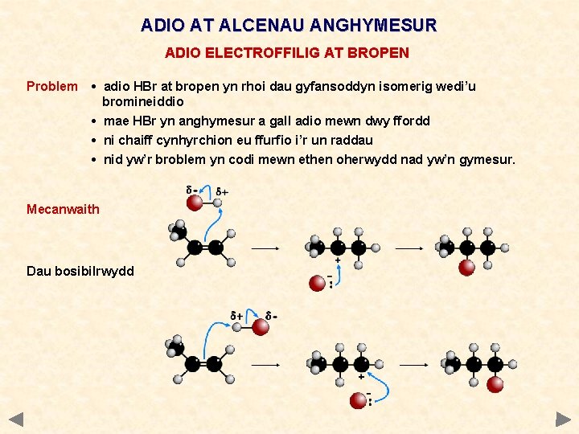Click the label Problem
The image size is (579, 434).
52,86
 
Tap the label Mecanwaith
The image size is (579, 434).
63,209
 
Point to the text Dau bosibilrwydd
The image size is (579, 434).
80,271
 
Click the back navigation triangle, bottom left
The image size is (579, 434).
17,419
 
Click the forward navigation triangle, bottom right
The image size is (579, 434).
563,419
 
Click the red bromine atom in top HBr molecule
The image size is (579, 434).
194,202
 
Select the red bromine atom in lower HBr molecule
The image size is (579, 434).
260,326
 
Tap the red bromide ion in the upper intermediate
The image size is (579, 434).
318,282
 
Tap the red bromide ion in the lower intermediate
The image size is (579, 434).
358,399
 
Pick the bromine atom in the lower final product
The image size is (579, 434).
495,384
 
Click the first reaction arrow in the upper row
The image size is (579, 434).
265,248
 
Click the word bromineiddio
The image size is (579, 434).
143,101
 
